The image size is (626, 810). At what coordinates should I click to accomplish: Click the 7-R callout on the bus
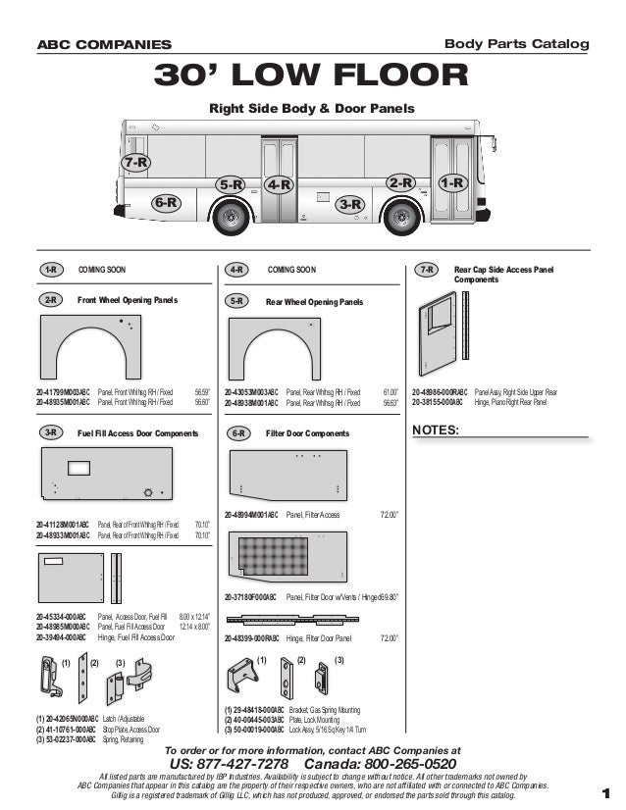click(135, 162)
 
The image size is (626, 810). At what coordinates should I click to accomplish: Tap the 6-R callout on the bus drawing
click(167, 203)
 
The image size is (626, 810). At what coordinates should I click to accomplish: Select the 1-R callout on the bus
click(451, 183)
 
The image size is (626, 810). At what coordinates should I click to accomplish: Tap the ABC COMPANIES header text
click(104, 45)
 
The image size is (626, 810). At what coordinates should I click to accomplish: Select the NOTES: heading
click(438, 430)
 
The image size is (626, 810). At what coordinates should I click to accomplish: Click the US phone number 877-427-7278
click(230, 765)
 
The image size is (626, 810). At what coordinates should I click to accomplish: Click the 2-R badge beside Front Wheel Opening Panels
click(51, 300)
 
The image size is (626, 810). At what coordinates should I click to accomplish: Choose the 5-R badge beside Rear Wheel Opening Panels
click(236, 301)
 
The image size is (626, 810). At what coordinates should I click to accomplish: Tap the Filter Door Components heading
click(307, 432)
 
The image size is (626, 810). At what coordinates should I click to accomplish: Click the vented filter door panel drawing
click(287, 556)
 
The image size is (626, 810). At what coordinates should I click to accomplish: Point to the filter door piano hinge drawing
click(312, 619)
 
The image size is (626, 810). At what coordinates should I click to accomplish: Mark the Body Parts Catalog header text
click(516, 44)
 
